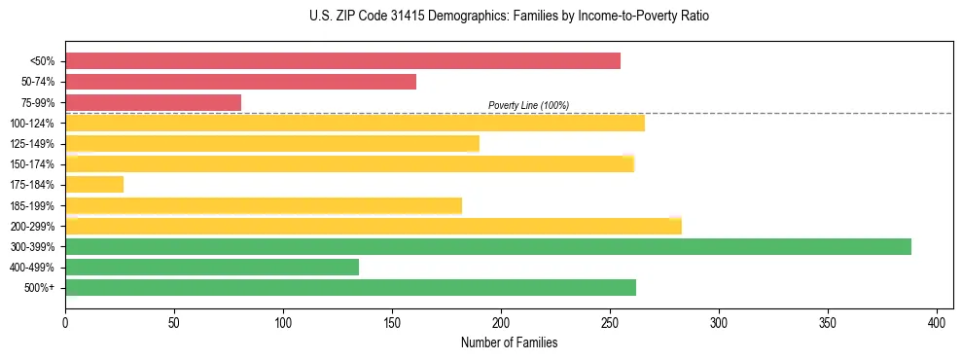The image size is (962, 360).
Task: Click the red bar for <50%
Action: [x=342, y=61]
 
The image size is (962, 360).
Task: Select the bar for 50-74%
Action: [x=240, y=82]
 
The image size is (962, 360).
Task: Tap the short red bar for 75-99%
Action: [x=153, y=102]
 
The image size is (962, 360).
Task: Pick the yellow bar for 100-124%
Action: [x=354, y=123]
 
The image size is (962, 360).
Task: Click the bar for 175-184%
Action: [x=94, y=185]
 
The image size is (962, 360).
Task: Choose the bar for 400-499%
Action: [x=212, y=267]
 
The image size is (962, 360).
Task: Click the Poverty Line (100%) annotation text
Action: [x=528, y=105]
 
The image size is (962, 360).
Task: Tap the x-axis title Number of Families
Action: [x=509, y=343]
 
